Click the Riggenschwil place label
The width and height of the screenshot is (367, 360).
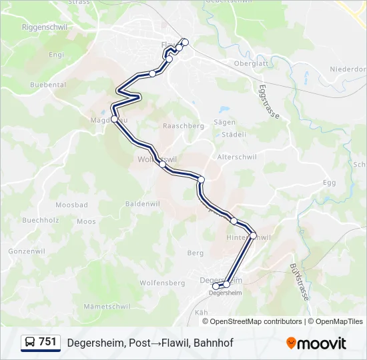[x=45, y=27]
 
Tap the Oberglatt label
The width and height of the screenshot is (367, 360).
[x=250, y=63]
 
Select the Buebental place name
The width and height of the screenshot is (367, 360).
[x=48, y=85]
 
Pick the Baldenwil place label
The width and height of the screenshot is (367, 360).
[x=142, y=203]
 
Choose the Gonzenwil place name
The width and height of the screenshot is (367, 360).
[x=27, y=251]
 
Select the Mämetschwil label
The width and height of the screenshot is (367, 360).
[x=107, y=306]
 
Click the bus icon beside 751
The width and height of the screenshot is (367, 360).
[x=29, y=342]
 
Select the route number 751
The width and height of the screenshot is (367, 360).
[x=47, y=342]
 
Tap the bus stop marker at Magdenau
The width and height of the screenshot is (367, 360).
[x=114, y=119]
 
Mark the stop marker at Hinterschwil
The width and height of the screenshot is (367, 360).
[x=253, y=235]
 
